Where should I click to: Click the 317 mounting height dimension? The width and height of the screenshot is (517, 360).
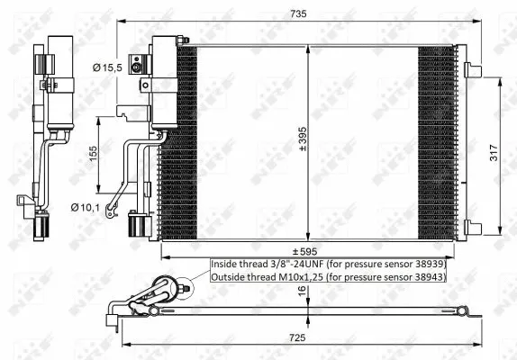tap(505, 154)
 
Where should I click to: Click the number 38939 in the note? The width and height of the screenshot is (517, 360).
tap(427, 265)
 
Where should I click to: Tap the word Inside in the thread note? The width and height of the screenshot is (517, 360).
tap(225, 265)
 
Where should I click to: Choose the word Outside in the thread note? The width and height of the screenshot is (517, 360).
tap(229, 277)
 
